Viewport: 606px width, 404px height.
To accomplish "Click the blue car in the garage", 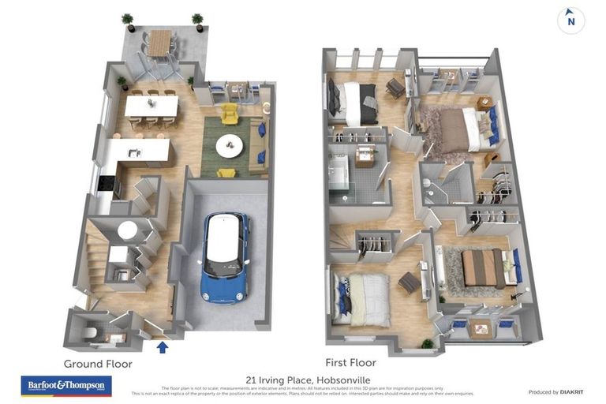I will [225, 256].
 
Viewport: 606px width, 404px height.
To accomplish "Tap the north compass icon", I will [570, 21].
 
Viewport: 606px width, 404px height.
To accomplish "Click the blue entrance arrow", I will [163, 346].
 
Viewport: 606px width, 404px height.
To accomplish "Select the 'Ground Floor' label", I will [98, 364].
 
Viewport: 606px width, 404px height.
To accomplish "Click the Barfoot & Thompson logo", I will [66, 386].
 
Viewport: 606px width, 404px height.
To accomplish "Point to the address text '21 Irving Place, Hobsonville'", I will [302, 378].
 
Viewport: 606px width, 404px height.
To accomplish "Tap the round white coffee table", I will [230, 144].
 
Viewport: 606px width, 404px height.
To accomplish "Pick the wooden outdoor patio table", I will [161, 43].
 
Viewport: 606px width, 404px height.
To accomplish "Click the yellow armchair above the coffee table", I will [230, 114].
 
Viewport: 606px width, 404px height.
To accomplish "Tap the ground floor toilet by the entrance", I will [90, 333].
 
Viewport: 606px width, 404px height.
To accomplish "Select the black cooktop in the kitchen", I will [106, 185].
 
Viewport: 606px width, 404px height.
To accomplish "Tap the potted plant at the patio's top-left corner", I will [128, 21].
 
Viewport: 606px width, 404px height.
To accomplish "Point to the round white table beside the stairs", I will [127, 229].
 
